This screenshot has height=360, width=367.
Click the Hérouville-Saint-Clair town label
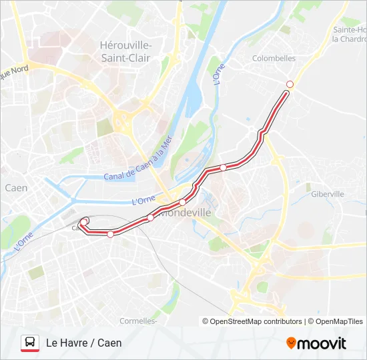click(125, 51)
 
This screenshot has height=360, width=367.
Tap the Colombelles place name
click(274, 59)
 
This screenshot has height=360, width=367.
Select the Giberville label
click(327, 194)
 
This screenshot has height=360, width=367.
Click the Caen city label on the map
click(16, 188)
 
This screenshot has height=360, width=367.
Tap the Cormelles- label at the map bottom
click(138, 321)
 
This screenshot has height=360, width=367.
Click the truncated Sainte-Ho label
click(350, 30)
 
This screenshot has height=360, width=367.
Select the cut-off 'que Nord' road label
click(13, 69)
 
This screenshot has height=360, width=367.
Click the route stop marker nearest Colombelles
click(290, 84)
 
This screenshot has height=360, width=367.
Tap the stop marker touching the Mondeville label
click(182, 203)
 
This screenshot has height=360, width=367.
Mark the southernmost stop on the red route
click(110, 233)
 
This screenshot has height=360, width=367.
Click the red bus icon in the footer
click(30, 343)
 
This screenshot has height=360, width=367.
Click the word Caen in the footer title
click(109, 343)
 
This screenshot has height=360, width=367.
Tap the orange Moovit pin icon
click(291, 343)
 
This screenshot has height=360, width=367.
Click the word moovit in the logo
click(322, 343)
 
